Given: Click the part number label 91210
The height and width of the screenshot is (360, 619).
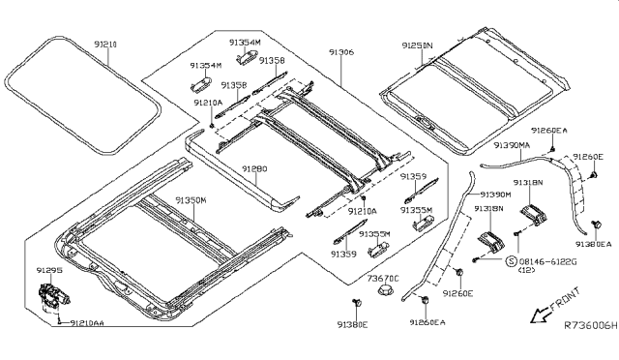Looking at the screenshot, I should click(x=107, y=45).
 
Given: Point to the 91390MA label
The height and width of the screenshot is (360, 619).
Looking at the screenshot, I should click(x=512, y=144).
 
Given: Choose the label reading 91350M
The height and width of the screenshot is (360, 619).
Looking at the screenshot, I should click(x=191, y=199).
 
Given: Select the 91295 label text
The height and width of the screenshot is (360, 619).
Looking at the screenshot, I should click(x=50, y=271).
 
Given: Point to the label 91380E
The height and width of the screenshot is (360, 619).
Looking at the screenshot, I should click(x=353, y=326).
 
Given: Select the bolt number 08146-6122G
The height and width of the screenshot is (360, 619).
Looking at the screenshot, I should click(x=548, y=261).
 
